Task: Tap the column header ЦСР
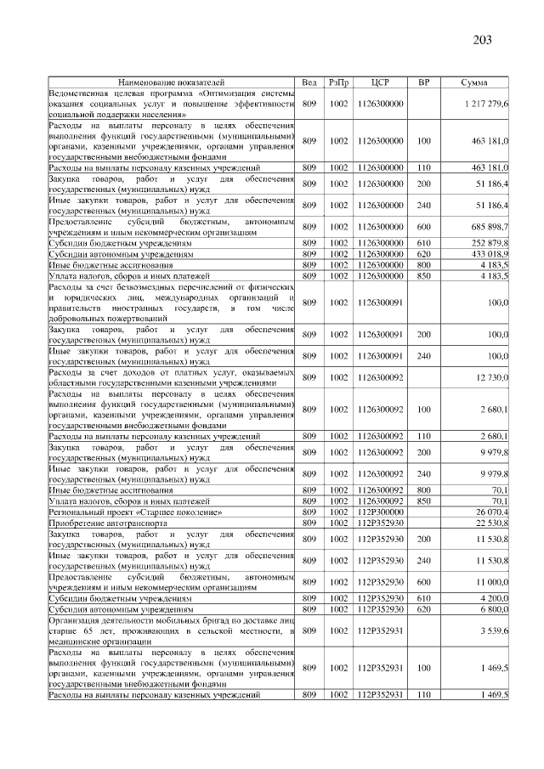point(380,82)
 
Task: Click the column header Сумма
point(473,82)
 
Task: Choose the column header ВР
point(423,82)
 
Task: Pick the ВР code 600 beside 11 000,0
point(423,583)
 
